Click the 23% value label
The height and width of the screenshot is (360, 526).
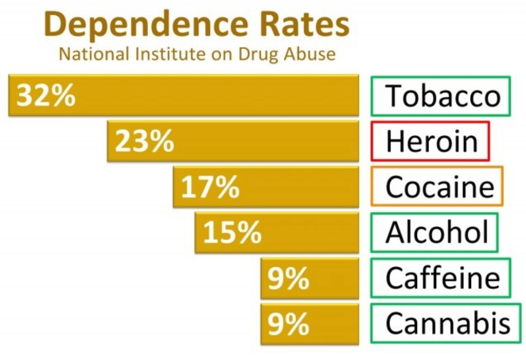(x=144, y=141)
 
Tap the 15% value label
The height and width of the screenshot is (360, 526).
(x=232, y=233)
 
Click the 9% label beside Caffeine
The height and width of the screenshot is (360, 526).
(x=288, y=278)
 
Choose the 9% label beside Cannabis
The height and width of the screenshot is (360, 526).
(x=288, y=323)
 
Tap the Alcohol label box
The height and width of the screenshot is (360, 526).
(x=435, y=233)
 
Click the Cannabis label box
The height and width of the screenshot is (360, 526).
(x=446, y=323)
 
